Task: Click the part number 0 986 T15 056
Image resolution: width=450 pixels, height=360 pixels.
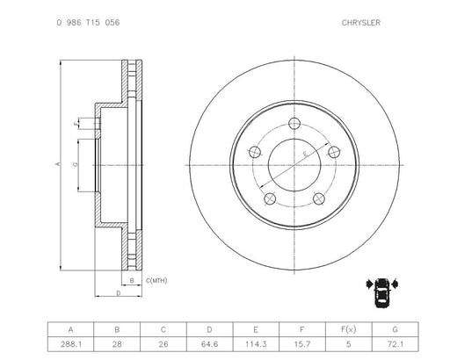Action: tap(88, 23)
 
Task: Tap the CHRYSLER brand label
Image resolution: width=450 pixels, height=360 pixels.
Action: tap(361, 23)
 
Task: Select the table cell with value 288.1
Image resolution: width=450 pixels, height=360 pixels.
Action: tap(71, 344)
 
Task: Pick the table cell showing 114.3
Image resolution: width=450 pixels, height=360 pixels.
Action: tap(256, 344)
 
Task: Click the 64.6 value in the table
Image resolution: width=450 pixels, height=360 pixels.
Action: tap(209, 344)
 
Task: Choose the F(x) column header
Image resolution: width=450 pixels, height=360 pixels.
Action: tap(349, 329)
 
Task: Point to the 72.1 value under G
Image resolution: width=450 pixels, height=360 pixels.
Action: tap(395, 344)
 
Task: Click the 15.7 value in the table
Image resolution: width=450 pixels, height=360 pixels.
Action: tap(302, 344)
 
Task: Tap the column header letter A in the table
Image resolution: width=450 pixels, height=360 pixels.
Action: tap(71, 330)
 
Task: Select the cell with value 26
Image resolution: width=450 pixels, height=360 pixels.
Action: tap(163, 344)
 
